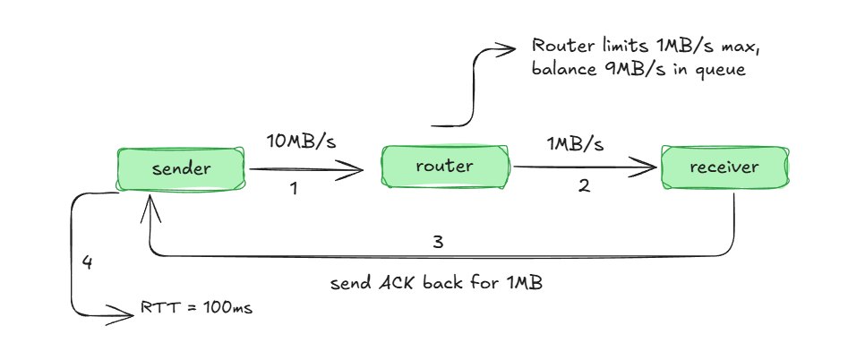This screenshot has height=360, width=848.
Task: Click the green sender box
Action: coord(181,168)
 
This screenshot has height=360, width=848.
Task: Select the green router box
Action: coord(444,167)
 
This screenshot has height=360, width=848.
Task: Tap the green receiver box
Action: coord(724,167)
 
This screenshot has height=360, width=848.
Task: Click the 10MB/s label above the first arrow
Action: coord(301,141)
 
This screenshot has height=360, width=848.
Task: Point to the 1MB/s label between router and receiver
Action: coord(575,143)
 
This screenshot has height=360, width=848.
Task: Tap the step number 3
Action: coord(438,242)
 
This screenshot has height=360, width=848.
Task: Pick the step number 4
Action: coord(87,263)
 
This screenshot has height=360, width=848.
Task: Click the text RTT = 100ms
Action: coord(196,309)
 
